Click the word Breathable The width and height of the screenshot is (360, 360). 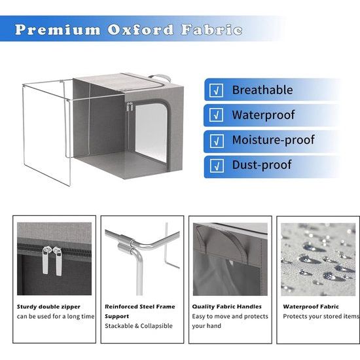coord(262,90)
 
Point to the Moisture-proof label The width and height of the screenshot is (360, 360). coord(273,140)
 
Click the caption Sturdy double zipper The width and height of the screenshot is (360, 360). coord(48,306)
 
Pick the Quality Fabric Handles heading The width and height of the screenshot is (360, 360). coord(226,306)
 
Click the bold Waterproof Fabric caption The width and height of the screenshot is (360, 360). coord(310,306)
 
